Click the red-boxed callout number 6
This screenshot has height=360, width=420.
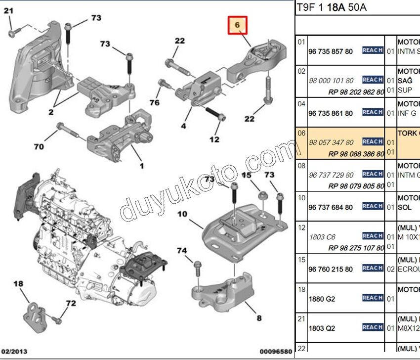point(237,25)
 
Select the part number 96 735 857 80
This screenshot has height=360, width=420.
point(331,51)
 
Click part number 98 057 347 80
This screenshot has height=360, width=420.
point(331,142)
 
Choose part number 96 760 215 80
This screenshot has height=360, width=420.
point(331,269)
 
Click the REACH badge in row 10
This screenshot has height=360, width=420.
point(373,206)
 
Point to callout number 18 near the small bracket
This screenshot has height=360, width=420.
point(18,284)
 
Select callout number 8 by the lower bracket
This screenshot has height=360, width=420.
point(259,318)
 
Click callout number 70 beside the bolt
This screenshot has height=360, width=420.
point(39,146)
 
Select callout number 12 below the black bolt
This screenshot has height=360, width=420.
point(214,139)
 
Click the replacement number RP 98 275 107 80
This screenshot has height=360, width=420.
point(356,248)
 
